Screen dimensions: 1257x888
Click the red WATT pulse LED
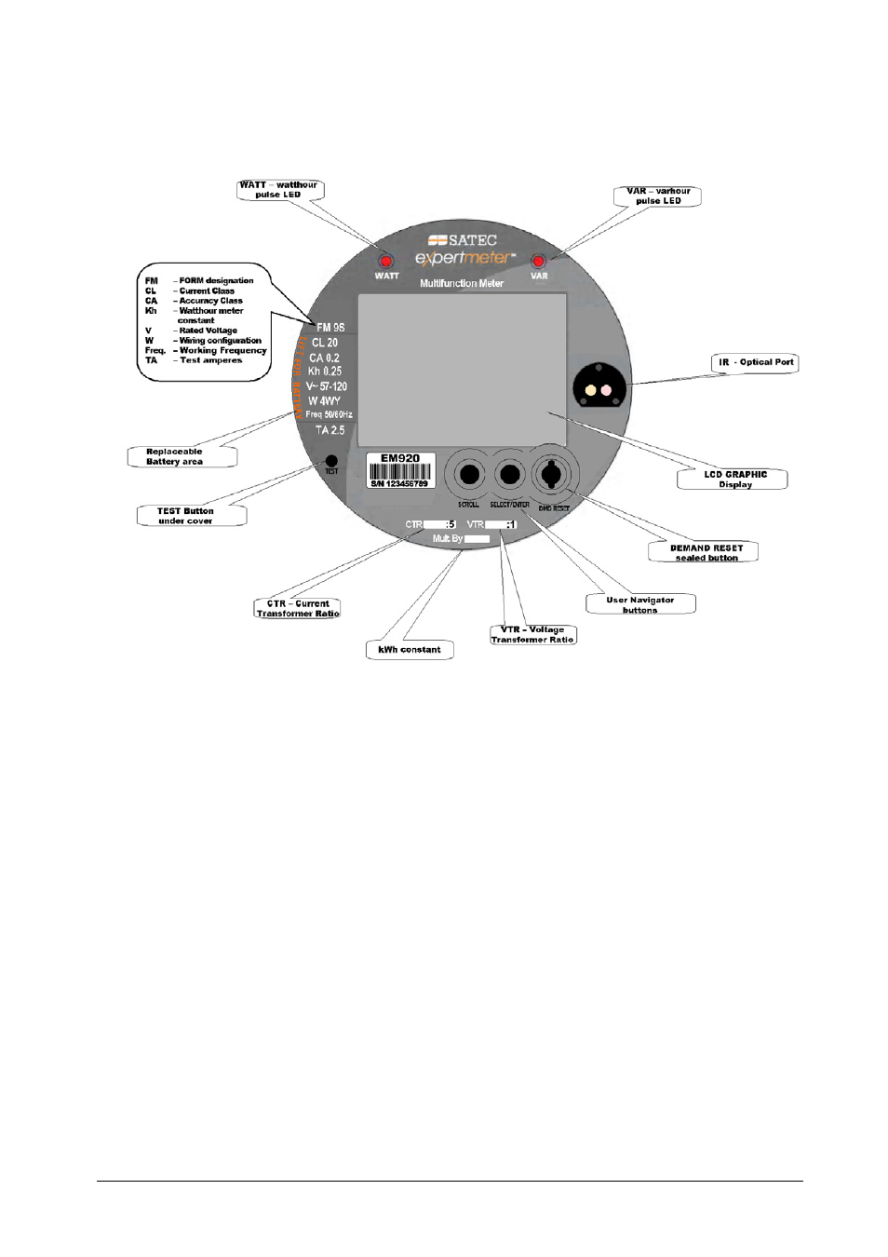pyautogui.click(x=385, y=261)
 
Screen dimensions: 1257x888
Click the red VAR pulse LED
pyautogui.click(x=538, y=262)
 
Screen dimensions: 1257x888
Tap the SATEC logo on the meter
pyautogui.click(x=463, y=240)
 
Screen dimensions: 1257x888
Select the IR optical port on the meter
pyautogui.click(x=599, y=388)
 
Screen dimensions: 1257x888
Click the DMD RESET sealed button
pyautogui.click(x=551, y=474)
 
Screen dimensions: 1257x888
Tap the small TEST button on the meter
pyautogui.click(x=331, y=461)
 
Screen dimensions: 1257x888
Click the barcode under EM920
pyautogui.click(x=399, y=471)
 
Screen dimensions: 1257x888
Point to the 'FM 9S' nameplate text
pyautogui.click(x=330, y=328)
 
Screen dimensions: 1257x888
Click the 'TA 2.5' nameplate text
pyautogui.click(x=330, y=430)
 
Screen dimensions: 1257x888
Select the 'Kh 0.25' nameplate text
pyautogui.click(x=325, y=371)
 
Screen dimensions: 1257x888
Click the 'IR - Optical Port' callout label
pyautogui.click(x=756, y=362)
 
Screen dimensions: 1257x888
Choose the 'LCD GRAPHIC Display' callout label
pyautogui.click(x=734, y=480)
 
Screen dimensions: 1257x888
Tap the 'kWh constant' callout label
pyautogui.click(x=410, y=650)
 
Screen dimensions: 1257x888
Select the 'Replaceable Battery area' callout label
pyautogui.click(x=175, y=456)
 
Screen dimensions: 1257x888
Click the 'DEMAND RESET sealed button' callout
pyautogui.click(x=706, y=553)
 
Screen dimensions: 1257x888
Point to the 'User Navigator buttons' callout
pyautogui.click(x=640, y=605)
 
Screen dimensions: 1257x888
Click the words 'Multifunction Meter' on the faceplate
pyautogui.click(x=462, y=283)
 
